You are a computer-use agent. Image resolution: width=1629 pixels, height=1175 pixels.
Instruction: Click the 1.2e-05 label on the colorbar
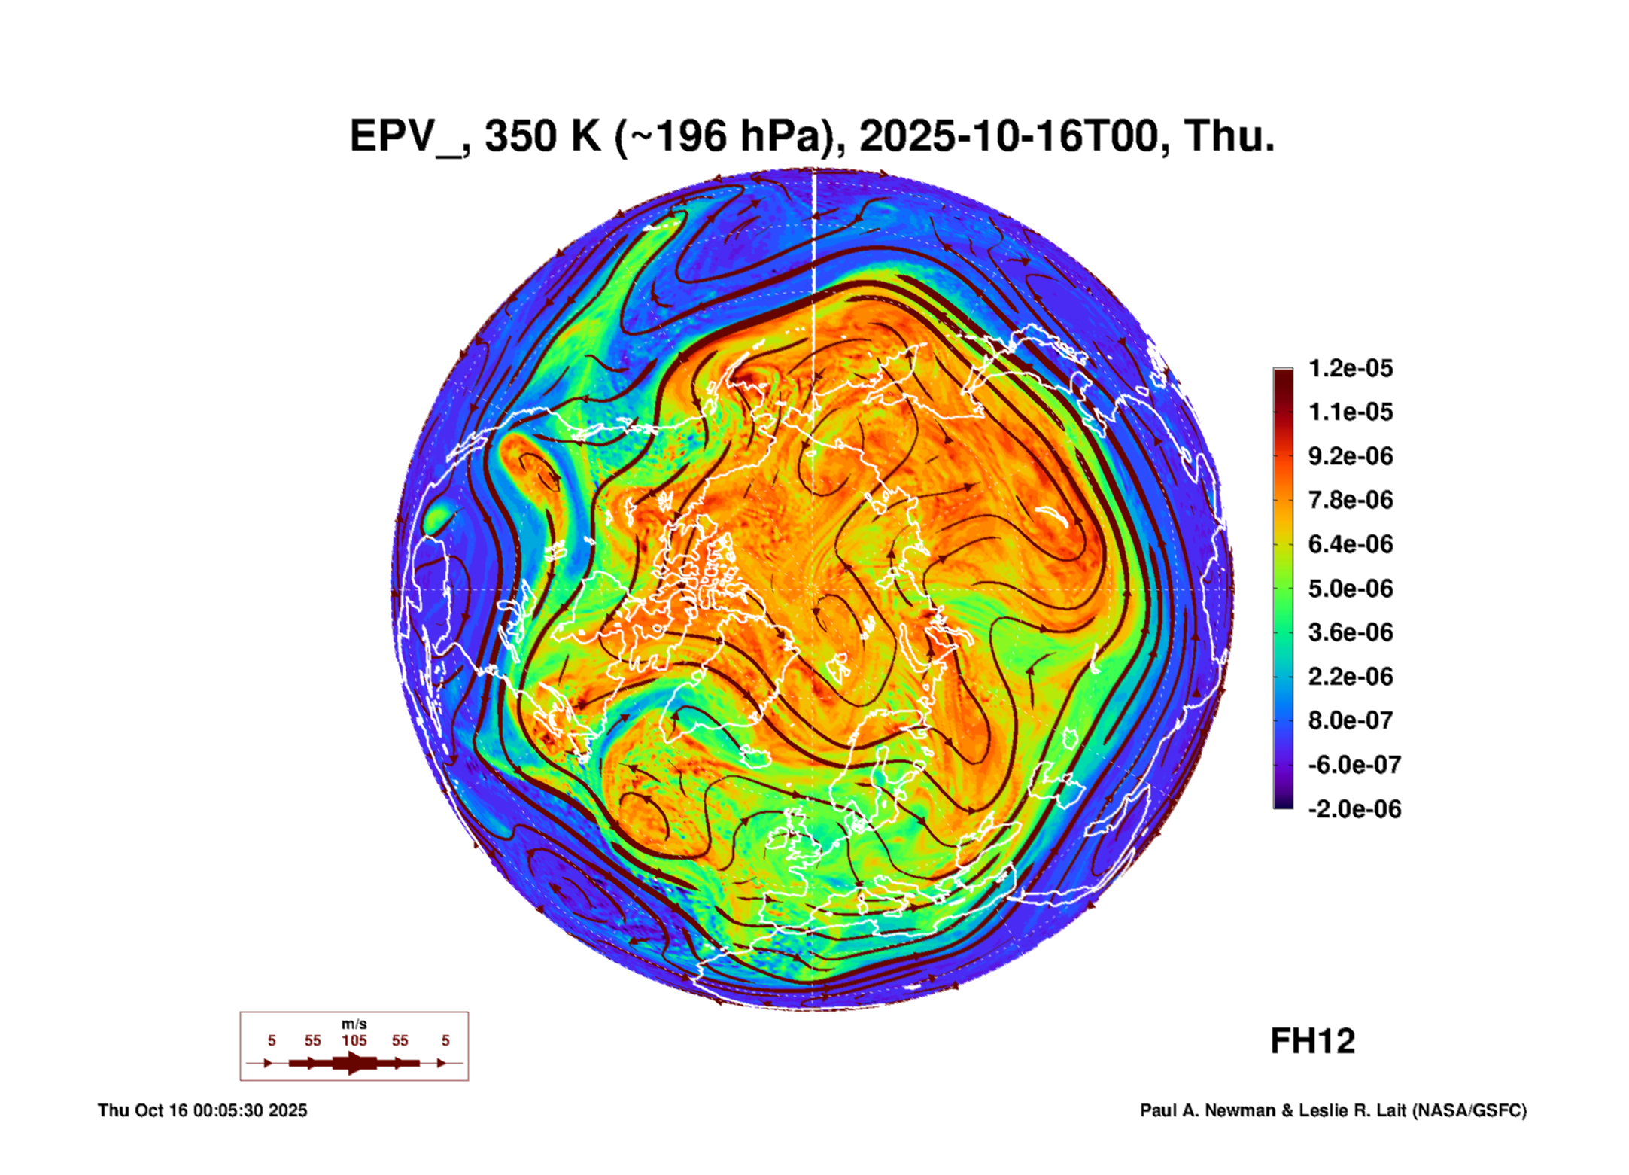click(1350, 368)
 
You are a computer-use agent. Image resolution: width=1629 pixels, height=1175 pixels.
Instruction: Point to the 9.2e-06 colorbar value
click(1350, 456)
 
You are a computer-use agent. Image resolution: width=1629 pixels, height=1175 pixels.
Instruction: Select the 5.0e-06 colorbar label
click(1350, 588)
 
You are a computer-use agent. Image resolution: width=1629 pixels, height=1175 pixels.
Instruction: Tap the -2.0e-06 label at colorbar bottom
click(1354, 809)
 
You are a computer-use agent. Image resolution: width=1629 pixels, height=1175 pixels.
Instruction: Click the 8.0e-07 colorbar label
click(1350, 720)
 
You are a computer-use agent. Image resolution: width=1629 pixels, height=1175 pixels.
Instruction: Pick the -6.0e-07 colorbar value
click(1354, 765)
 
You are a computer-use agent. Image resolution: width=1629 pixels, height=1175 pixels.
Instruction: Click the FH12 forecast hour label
click(1312, 1042)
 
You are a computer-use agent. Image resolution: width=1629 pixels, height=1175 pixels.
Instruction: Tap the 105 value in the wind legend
click(354, 1040)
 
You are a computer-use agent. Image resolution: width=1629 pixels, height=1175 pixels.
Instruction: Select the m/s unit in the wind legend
click(354, 1024)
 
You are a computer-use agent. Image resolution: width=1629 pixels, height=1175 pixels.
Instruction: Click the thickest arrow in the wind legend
click(354, 1063)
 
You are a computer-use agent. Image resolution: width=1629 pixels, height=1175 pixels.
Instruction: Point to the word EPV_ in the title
click(406, 137)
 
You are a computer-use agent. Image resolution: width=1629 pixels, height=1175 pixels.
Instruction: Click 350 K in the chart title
click(542, 137)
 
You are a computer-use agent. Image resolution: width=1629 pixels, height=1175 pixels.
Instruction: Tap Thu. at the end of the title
click(1229, 137)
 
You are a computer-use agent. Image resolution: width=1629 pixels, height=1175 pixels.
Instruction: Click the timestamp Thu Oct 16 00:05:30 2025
click(202, 1110)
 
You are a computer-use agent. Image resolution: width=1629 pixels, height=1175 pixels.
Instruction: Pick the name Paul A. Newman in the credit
click(1208, 1110)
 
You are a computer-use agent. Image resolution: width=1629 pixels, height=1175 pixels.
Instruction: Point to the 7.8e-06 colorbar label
click(1350, 500)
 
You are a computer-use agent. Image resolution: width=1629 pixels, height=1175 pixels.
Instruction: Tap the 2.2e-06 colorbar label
click(1350, 677)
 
